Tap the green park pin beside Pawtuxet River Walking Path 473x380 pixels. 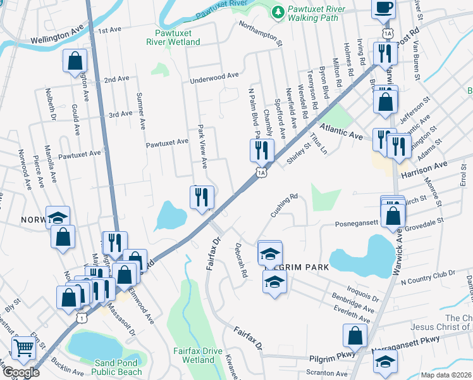[x=277, y=11]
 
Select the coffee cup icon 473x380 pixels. [x=383, y=8]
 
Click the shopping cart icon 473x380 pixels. [x=23, y=346]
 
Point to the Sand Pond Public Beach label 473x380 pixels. [x=116, y=367]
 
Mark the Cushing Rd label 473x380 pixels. [x=284, y=206]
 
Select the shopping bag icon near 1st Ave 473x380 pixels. [x=75, y=61]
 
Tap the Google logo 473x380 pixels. [x=20, y=373]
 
